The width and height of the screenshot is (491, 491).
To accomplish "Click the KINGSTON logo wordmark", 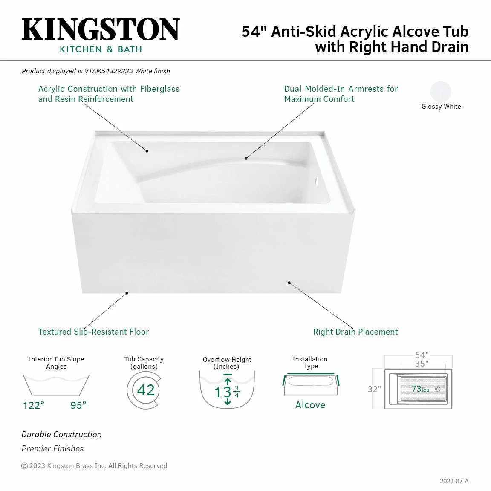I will (101, 30).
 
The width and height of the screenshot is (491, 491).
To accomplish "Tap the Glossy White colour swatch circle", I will (441, 92).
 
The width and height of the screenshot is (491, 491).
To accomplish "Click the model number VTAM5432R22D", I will (109, 71).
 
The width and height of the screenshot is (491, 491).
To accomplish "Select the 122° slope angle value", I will (33, 405).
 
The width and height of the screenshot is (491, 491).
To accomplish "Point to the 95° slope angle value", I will (78, 405).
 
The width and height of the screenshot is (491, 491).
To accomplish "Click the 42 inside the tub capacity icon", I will (146, 390).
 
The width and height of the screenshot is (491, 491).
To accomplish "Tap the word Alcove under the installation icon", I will (310, 405).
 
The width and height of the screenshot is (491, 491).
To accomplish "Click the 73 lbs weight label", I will (420, 389).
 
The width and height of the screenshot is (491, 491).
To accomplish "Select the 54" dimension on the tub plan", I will (422, 355).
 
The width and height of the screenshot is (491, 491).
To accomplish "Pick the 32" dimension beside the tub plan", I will (374, 389).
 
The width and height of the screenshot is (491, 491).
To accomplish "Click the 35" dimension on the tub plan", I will (422, 364).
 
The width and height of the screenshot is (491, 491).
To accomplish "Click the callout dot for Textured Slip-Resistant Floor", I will (127, 293).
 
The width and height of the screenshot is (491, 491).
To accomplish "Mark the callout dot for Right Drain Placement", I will (289, 283).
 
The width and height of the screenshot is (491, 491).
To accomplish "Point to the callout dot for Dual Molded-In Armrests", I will (246, 159).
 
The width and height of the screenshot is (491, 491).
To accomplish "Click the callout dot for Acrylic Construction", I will (147, 151).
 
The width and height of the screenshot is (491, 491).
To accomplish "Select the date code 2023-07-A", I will (454, 481).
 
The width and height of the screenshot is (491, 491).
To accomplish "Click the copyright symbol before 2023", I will (25, 466).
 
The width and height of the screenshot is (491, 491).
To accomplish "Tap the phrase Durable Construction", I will (62, 434).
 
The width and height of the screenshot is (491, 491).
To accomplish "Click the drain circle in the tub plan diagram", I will (438, 389).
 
